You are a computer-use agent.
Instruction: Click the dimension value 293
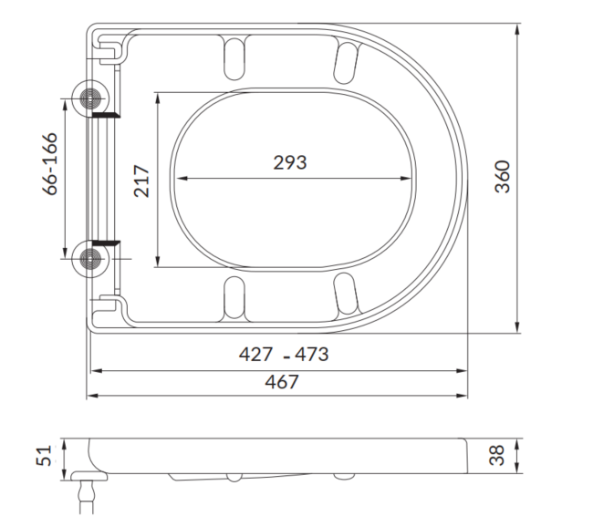(x=290, y=163)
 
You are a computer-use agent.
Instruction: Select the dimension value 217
(x=141, y=180)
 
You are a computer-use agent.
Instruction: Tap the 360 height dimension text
(x=502, y=176)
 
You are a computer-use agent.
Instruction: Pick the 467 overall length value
(x=281, y=382)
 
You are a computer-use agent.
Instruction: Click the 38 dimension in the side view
(x=497, y=455)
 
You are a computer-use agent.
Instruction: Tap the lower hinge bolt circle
(x=91, y=259)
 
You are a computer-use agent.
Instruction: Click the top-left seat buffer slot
(x=234, y=57)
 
